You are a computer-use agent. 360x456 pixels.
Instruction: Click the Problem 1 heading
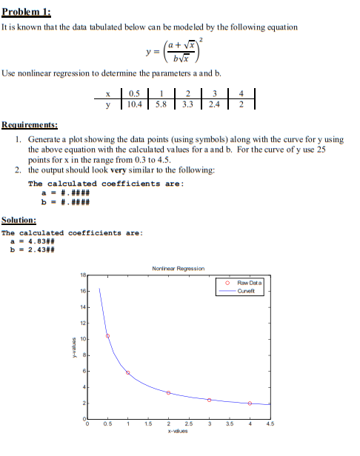[26, 10]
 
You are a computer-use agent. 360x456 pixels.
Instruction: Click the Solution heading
[19, 220]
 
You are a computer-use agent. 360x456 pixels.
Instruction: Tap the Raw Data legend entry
[247, 283]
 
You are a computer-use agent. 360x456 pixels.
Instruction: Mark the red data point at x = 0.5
[107, 336]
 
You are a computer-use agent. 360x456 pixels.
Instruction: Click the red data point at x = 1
[128, 372]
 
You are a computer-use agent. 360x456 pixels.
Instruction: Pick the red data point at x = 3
[210, 400]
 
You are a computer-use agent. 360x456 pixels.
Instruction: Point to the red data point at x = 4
[250, 403]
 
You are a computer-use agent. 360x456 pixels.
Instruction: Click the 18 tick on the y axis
[82, 276]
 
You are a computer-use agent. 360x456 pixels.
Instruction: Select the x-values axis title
[178, 431]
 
